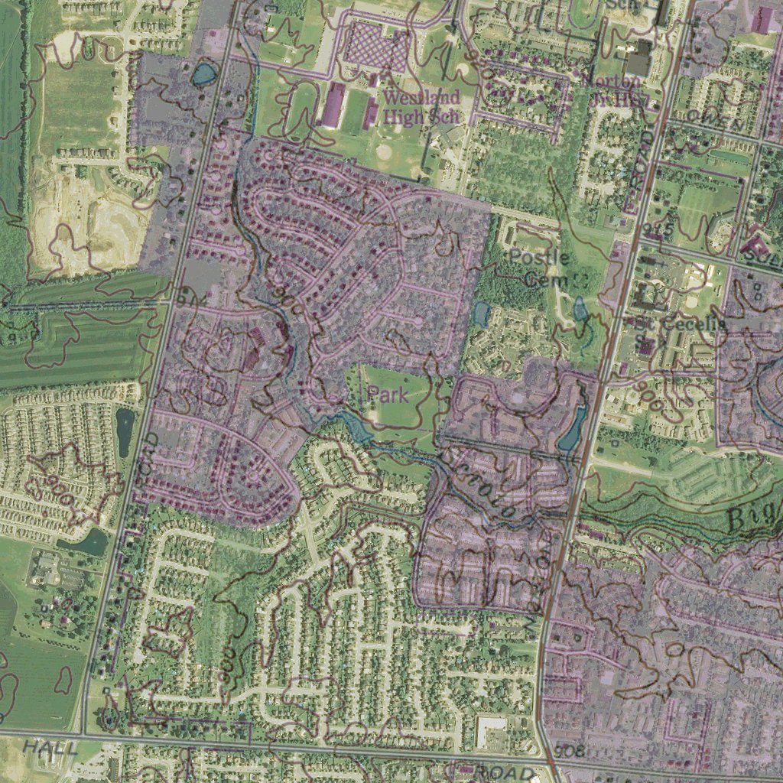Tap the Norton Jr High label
point(617,90)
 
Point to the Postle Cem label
point(539,268)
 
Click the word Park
point(388,395)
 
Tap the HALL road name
point(50,747)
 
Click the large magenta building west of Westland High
point(333,106)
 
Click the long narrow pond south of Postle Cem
point(572,429)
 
